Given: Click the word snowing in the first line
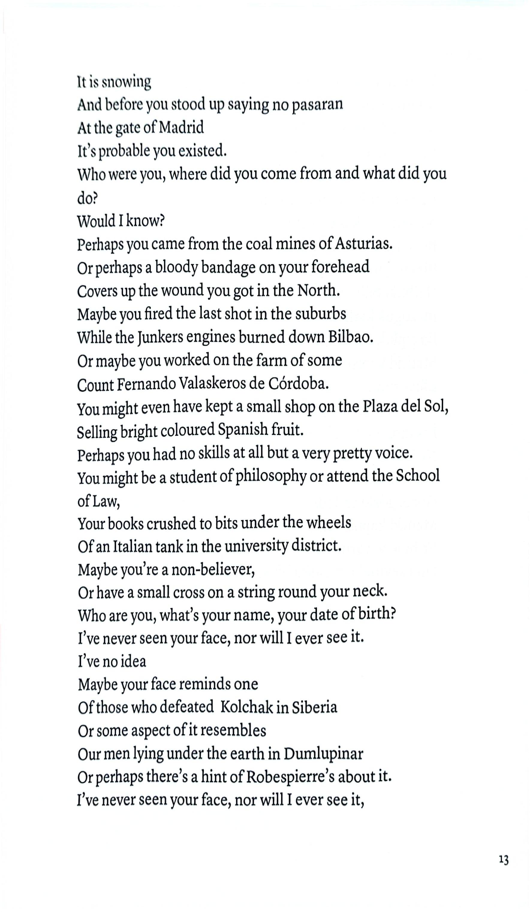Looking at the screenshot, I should [x=126, y=83].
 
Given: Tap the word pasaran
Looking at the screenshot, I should [x=317, y=105].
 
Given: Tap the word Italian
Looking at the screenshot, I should [x=133, y=547].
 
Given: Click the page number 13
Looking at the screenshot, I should [x=504, y=860].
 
